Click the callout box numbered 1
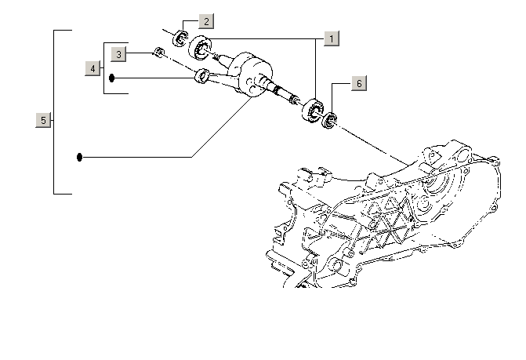click(332, 38)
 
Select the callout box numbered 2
click(205, 21)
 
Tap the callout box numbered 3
click(118, 54)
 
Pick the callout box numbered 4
click(93, 69)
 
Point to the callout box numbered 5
click(44, 120)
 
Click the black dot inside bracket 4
click(112, 78)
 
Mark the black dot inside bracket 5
click(80, 158)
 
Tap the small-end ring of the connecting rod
click(201, 76)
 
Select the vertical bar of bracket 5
click(53, 112)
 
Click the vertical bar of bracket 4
click(104, 67)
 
